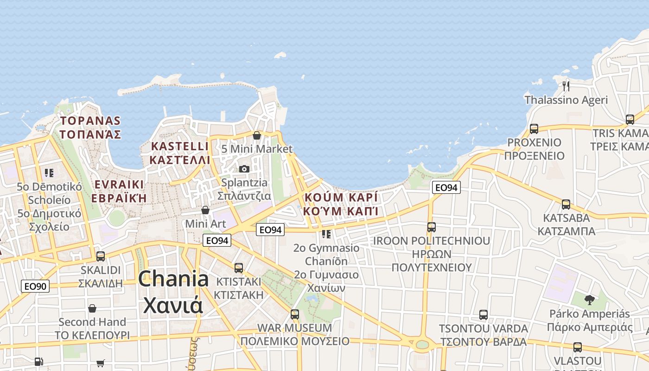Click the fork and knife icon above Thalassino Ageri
pyautogui.click(x=566, y=86)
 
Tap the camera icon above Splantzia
pyautogui.click(x=244, y=169)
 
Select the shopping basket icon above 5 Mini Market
pyautogui.click(x=257, y=135)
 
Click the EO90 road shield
pyautogui.click(x=35, y=286)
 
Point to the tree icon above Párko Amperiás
pyautogui.click(x=589, y=300)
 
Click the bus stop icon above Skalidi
pyautogui.click(x=100, y=256)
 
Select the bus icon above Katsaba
pyautogui.click(x=566, y=204)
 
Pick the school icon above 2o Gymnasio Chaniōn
pyautogui.click(x=326, y=234)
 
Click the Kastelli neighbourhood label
pyautogui.click(x=180, y=153)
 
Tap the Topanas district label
pyautogui.click(x=90, y=128)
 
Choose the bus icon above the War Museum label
pyautogui.click(x=295, y=314)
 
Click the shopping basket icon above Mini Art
pyautogui.click(x=205, y=211)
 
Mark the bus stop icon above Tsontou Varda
pyautogui.click(x=484, y=315)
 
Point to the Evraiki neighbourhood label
pyautogui.click(x=119, y=191)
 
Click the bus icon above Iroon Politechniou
pyautogui.click(x=432, y=227)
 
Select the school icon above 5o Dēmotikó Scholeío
pyautogui.click(x=49, y=173)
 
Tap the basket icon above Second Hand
pyautogui.click(x=92, y=308)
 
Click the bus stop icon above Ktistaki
pyautogui.click(x=239, y=268)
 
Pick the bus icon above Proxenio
pyautogui.click(x=534, y=128)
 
